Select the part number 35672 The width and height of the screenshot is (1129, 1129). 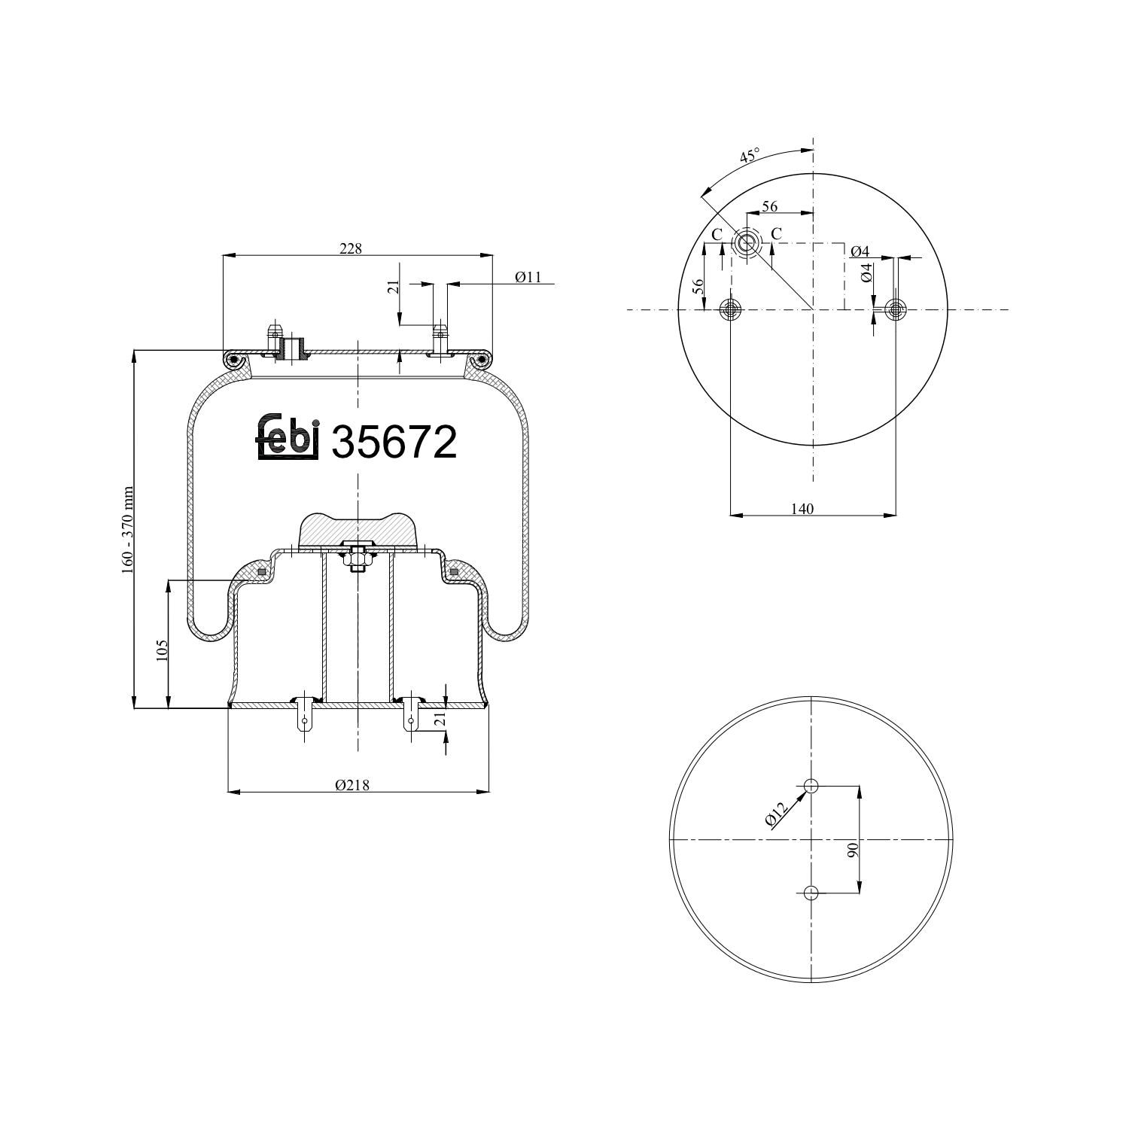pyautogui.click(x=394, y=442)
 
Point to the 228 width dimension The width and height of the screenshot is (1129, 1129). pyautogui.click(x=350, y=248)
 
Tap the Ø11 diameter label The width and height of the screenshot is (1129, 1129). pyautogui.click(x=528, y=277)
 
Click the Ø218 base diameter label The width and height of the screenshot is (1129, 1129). pyautogui.click(x=352, y=785)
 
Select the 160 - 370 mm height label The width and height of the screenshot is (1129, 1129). pyautogui.click(x=127, y=530)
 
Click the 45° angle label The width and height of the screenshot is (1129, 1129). pyautogui.click(x=749, y=157)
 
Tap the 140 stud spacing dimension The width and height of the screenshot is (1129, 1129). pyautogui.click(x=802, y=509)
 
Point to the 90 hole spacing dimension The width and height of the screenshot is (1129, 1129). pyautogui.click(x=853, y=851)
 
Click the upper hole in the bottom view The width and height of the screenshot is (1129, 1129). pyautogui.click(x=811, y=787)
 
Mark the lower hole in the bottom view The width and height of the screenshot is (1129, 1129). pyautogui.click(x=811, y=893)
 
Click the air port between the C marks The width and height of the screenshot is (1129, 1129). pyautogui.click(x=747, y=242)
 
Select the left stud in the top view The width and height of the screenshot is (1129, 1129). pyautogui.click(x=731, y=309)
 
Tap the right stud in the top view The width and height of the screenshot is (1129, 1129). pyautogui.click(x=895, y=309)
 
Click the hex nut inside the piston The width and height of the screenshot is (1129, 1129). pyautogui.click(x=358, y=558)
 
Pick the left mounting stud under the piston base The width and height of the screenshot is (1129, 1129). pyautogui.click(x=304, y=716)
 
